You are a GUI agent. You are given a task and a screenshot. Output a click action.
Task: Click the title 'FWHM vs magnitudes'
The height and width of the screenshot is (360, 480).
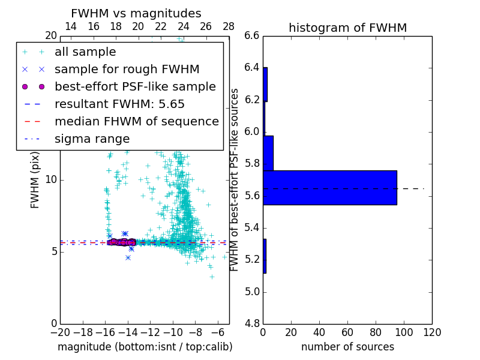[136, 14]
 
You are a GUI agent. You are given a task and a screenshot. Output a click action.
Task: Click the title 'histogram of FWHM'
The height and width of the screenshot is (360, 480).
[347, 28]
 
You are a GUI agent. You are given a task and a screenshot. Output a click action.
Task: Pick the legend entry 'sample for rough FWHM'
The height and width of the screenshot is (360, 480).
[127, 70]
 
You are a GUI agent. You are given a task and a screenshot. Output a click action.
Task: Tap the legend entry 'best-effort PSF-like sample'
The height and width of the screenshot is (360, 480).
[135, 87]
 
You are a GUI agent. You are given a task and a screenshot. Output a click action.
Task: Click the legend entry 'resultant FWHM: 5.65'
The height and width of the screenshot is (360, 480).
[119, 104]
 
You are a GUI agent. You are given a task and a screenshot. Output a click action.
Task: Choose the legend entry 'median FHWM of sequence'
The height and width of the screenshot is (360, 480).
[136, 122]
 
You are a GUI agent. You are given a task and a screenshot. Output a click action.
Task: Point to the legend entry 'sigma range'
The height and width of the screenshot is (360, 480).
[92, 139]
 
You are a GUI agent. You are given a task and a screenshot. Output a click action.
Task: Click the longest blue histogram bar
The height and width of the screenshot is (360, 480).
[329, 188]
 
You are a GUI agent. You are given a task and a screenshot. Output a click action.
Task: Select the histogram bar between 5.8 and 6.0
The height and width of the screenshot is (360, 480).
[268, 153]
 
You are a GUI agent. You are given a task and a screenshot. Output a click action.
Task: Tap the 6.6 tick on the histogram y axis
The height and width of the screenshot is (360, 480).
[252, 35]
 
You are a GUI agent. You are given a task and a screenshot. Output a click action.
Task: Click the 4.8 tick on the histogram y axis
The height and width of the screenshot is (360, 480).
[252, 323]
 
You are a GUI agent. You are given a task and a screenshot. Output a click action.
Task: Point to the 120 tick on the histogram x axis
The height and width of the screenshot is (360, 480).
[431, 331]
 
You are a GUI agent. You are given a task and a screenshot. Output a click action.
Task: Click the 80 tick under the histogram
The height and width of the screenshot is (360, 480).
[376, 331]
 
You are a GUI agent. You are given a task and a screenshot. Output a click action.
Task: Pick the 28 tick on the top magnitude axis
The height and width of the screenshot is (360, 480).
[229, 26]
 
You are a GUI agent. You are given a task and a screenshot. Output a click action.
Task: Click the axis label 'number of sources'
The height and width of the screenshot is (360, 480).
[347, 347]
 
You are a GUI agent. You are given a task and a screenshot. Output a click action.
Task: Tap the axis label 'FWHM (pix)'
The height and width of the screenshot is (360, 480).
[35, 179]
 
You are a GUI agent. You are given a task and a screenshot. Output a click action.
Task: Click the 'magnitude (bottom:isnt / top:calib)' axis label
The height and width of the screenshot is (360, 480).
[145, 347]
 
